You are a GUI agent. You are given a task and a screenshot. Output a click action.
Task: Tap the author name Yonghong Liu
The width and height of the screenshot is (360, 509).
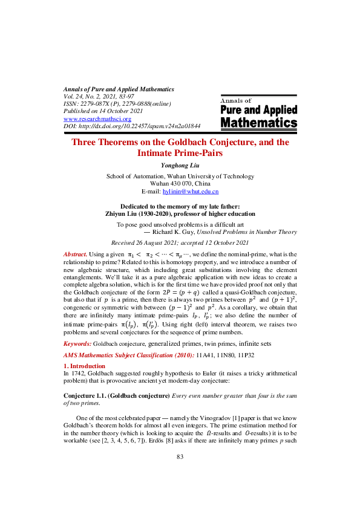pyautogui.click(x=180, y=165)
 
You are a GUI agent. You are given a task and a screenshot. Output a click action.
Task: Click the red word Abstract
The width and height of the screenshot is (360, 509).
pyautogui.click(x=76, y=271)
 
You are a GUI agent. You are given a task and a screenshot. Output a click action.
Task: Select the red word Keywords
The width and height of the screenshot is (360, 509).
pyautogui.click(x=77, y=343)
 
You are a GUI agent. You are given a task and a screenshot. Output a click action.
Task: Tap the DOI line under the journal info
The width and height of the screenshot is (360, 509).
pyautogui.click(x=131, y=126)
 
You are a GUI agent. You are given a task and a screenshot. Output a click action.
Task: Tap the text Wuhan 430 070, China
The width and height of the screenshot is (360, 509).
pyautogui.click(x=180, y=183)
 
